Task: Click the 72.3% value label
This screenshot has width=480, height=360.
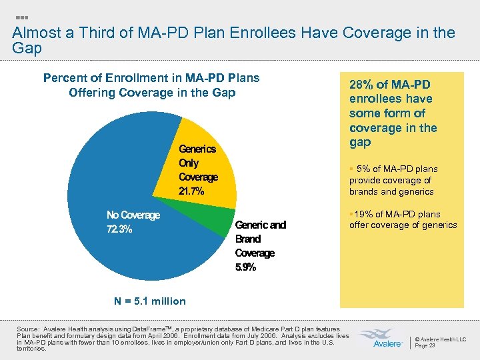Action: (x=119, y=229)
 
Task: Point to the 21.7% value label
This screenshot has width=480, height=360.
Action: (x=191, y=191)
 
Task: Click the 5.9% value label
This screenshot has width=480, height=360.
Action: (x=245, y=267)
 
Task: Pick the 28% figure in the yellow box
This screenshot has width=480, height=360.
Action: (x=364, y=84)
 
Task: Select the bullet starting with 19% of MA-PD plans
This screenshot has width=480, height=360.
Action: (x=403, y=219)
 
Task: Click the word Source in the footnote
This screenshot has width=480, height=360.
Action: (x=28, y=329)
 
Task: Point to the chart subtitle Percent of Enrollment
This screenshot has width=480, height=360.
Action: (x=151, y=78)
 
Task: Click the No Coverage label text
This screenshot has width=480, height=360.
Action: (x=133, y=215)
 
